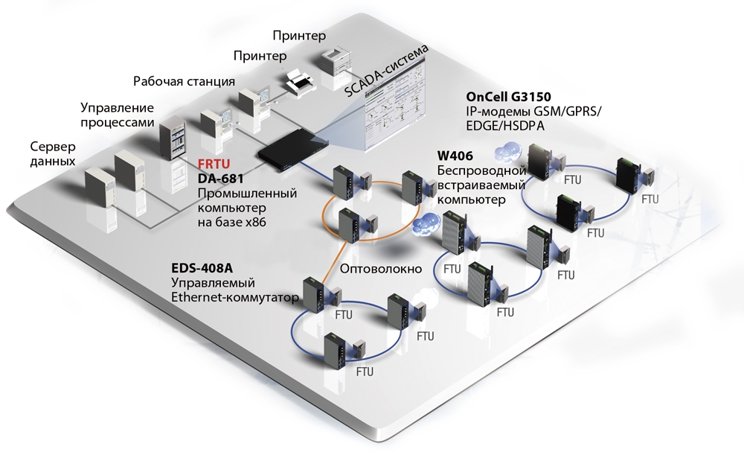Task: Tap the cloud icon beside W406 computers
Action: pyautogui.click(x=426, y=221)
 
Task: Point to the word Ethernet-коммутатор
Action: pyautogui.click(x=235, y=298)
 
